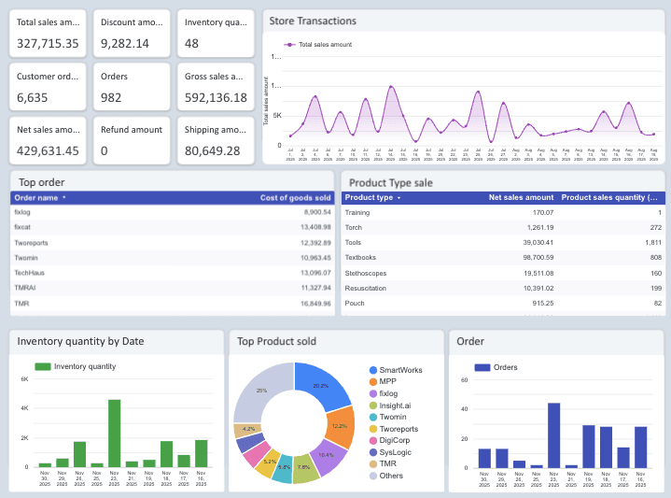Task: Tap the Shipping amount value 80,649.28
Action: pyautogui.click(x=212, y=150)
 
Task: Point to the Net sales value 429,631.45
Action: pyautogui.click(x=48, y=150)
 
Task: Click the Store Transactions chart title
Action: pyautogui.click(x=312, y=21)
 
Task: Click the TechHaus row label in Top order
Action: pyautogui.click(x=29, y=272)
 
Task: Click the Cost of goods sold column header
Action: pyautogui.click(x=295, y=198)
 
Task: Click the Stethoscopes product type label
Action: pyautogui.click(x=367, y=272)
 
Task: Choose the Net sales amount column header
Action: pyautogui.click(x=521, y=198)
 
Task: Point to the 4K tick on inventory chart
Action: pyautogui.click(x=25, y=409)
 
